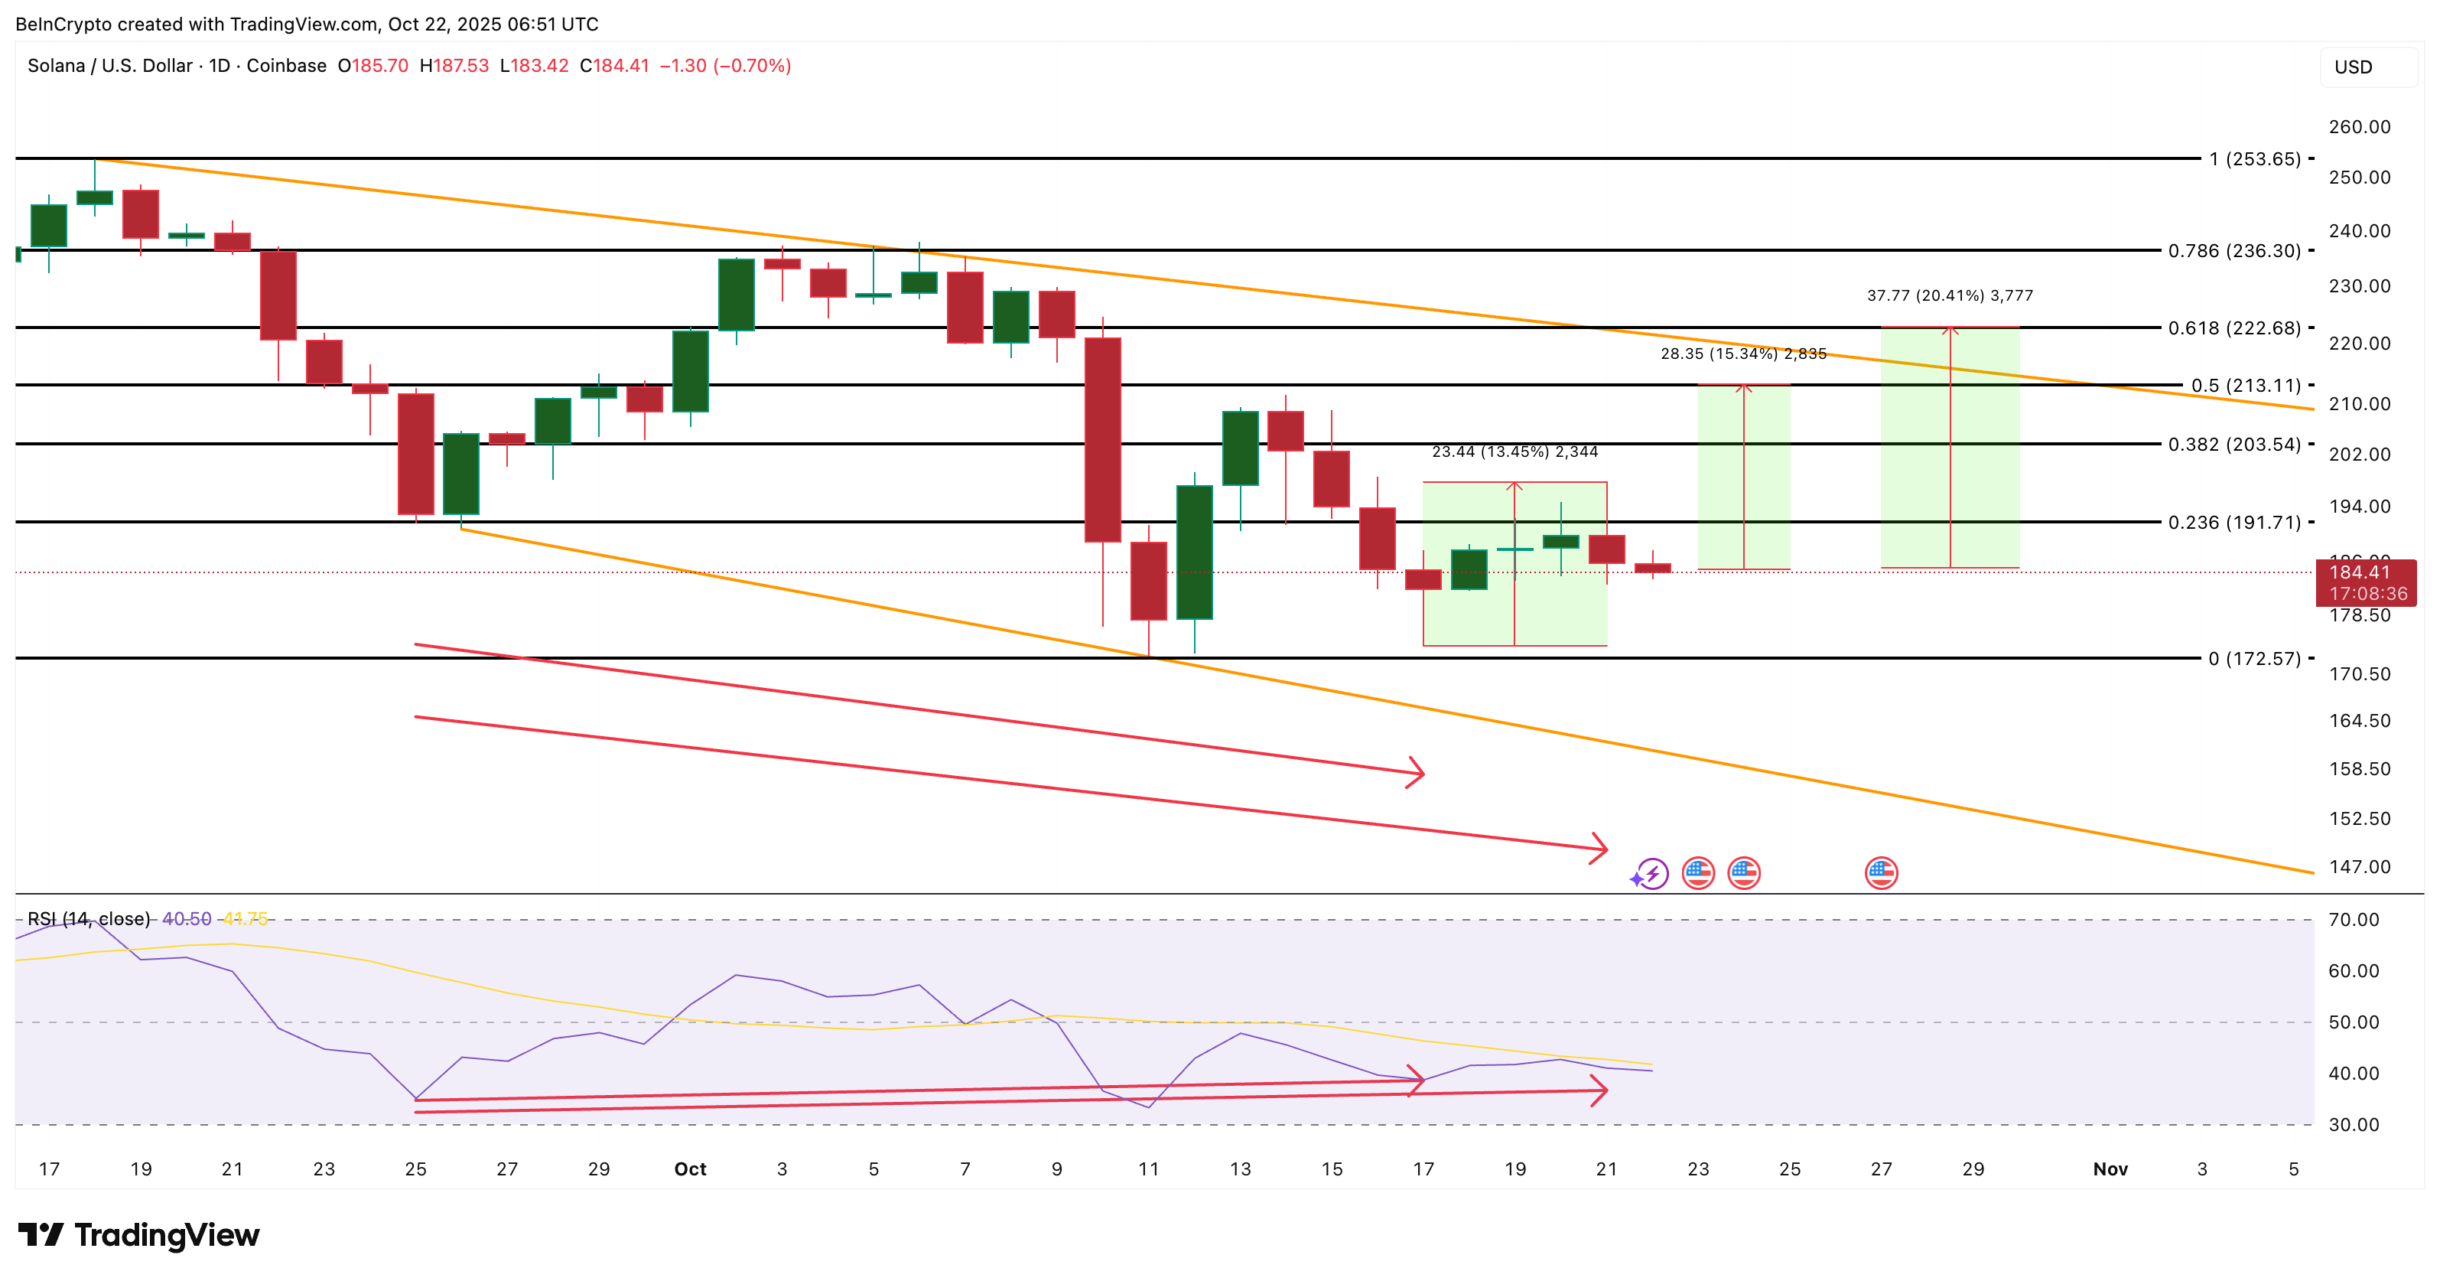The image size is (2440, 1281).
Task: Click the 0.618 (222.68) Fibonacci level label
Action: click(2233, 328)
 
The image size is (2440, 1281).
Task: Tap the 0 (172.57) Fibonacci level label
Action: click(2253, 659)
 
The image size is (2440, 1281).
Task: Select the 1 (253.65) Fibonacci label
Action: click(2253, 159)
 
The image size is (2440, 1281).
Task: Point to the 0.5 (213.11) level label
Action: click(2245, 386)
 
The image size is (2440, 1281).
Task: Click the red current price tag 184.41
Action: click(2365, 572)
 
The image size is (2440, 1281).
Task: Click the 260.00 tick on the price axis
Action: click(2360, 127)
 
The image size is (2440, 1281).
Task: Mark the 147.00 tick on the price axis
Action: click(2360, 867)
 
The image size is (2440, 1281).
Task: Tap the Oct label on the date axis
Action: click(690, 1169)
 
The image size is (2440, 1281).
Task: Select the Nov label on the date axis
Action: click(2110, 1169)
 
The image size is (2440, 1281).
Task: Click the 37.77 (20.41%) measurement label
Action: click(1950, 295)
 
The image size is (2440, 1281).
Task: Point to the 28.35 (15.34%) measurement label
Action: click(1743, 354)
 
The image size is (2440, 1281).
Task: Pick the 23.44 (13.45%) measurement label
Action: click(1514, 452)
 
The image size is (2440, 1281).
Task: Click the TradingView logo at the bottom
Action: click(139, 1236)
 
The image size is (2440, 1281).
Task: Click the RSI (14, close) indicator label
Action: click(89, 919)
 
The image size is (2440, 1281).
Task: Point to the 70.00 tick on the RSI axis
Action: click(2354, 920)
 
